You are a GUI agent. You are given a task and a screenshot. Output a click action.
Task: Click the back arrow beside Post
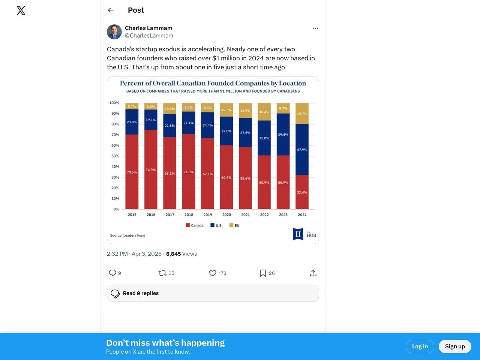(x=111, y=10)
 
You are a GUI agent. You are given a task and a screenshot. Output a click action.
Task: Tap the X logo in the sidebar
(x=21, y=10)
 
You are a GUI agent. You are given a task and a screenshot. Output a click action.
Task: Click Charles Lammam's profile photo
(x=114, y=32)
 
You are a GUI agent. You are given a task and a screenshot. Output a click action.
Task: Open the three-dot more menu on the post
(x=315, y=28)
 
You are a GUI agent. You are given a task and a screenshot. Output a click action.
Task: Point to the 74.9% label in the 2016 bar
(x=151, y=170)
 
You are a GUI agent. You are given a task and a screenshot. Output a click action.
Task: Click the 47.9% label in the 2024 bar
(x=302, y=150)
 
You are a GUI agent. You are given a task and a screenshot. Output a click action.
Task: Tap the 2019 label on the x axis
(x=208, y=215)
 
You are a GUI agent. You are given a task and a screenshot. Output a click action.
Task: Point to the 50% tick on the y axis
(x=115, y=156)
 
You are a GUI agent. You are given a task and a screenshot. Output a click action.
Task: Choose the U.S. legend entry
(x=216, y=225)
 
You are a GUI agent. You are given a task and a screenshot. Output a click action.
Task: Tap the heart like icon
(x=213, y=273)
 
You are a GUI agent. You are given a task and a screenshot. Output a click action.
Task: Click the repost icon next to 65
(x=162, y=273)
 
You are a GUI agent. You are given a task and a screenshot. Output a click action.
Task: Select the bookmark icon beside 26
(x=263, y=273)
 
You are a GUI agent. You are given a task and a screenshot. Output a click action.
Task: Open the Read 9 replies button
(x=213, y=293)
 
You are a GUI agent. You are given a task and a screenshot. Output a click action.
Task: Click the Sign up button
(x=454, y=346)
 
